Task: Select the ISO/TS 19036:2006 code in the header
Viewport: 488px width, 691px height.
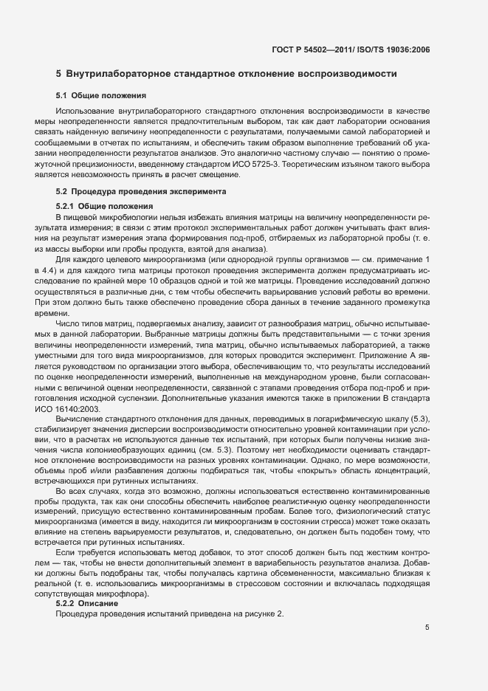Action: [396, 50]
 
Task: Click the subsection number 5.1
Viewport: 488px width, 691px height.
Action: [62, 95]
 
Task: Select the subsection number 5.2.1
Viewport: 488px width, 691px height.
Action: [65, 205]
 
